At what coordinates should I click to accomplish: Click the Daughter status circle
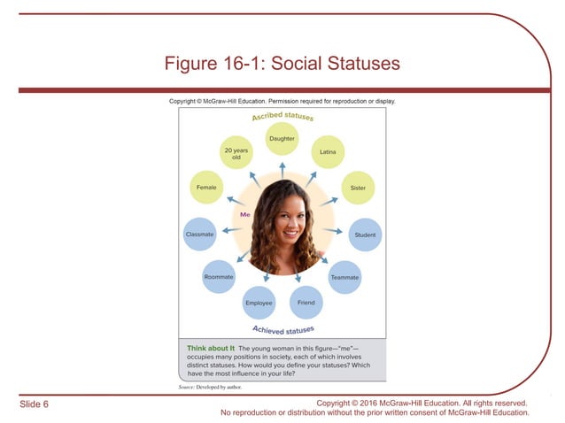pos(282,139)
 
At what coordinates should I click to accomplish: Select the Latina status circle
pos(328,152)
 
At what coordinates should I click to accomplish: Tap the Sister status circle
pos(358,188)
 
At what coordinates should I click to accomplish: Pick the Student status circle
pos(365,235)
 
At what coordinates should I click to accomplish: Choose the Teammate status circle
pos(344,277)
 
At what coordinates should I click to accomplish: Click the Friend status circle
pos(306,303)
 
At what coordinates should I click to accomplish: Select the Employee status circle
pos(259,304)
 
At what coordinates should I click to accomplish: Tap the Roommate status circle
pos(219,277)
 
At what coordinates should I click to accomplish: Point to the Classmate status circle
pos(199,235)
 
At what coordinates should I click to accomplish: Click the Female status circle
pos(207,188)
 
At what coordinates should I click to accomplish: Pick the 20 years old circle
pos(236,153)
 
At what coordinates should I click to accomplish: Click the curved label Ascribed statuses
pos(282,115)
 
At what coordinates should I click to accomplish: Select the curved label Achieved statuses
pos(282,330)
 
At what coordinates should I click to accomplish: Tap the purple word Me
pos(245,214)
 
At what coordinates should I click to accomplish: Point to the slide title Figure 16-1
pos(282,64)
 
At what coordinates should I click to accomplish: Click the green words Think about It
pos(210,348)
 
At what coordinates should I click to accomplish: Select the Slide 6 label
pos(35,404)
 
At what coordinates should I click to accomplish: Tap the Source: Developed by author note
pos(209,388)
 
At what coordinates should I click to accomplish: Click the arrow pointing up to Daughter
pos(282,165)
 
